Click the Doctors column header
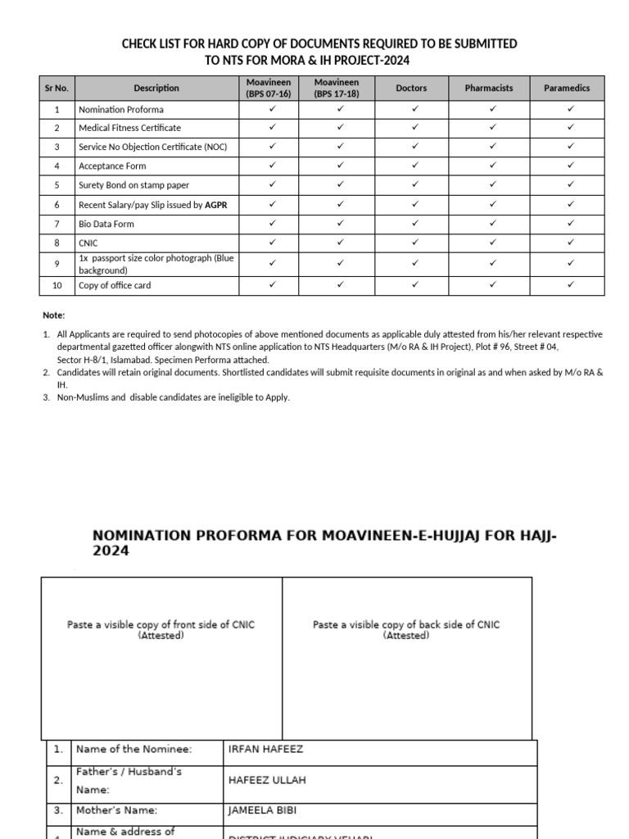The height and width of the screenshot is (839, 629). [411, 88]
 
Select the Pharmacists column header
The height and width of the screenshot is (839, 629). [489, 88]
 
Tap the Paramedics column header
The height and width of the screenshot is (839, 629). [567, 88]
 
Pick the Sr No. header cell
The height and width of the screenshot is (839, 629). [57, 88]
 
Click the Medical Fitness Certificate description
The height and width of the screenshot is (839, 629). [129, 128]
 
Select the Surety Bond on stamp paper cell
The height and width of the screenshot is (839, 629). [133, 185]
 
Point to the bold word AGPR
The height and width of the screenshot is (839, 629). [215, 205]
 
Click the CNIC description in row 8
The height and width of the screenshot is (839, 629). [88, 243]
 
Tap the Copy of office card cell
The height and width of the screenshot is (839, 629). [115, 285]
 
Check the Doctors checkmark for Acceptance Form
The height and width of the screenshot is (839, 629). [415, 166]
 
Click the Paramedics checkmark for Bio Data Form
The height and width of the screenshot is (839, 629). [571, 223]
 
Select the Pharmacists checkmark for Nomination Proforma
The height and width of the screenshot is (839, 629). [492, 108]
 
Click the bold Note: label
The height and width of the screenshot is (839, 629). [53, 315]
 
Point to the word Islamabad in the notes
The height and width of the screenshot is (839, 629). [143, 360]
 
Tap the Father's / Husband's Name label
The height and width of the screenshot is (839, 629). [129, 780]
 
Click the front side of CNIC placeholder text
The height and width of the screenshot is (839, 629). [161, 629]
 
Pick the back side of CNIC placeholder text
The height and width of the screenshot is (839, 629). [406, 629]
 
